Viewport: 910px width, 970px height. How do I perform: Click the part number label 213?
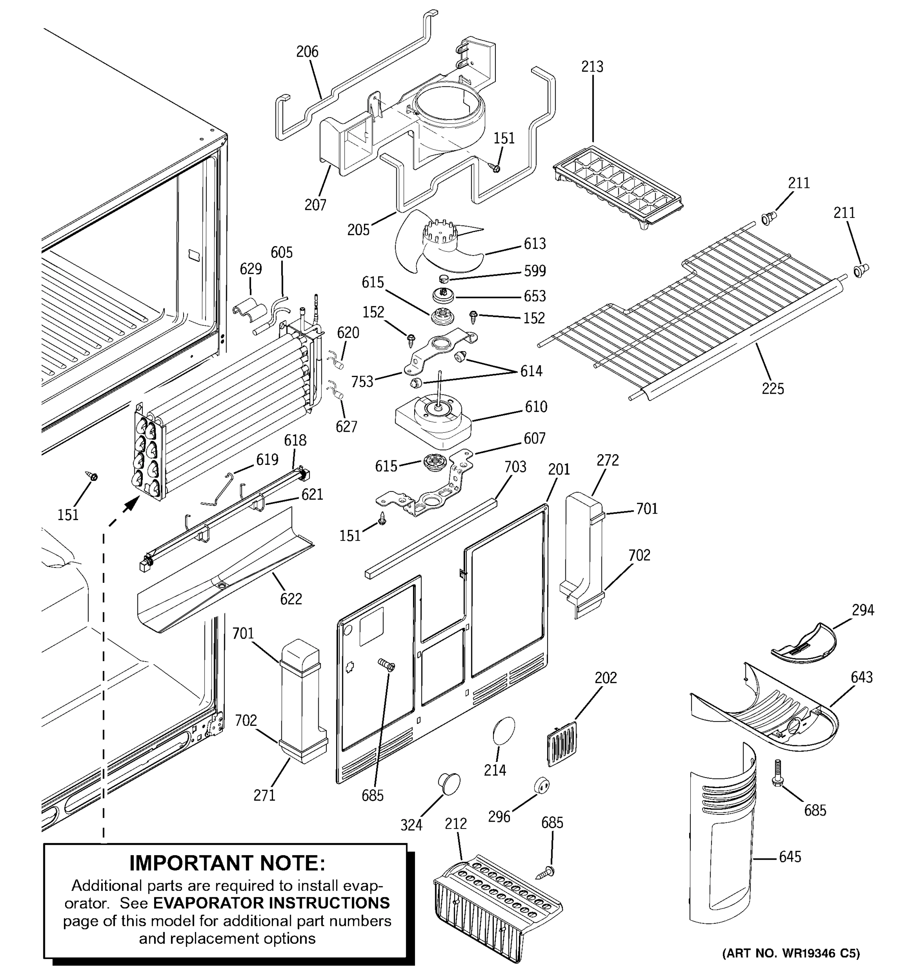pyautogui.click(x=592, y=67)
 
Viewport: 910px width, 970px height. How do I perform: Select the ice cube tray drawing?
pyautogui.click(x=618, y=188)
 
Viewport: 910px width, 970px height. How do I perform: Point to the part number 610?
pyautogui.click(x=535, y=407)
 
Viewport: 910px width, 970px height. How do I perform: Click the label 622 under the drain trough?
pyautogui.click(x=291, y=599)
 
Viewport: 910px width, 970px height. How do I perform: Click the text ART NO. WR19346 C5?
pyautogui.click(x=791, y=953)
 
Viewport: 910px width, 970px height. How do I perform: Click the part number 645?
pyautogui.click(x=790, y=856)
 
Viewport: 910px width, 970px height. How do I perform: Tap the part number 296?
pyautogui.click(x=499, y=816)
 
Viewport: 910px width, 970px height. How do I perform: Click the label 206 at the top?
pyautogui.click(x=307, y=52)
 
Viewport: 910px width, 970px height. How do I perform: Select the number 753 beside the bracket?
pyautogui.click(x=362, y=382)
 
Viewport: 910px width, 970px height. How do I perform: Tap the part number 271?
pyautogui.click(x=264, y=795)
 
